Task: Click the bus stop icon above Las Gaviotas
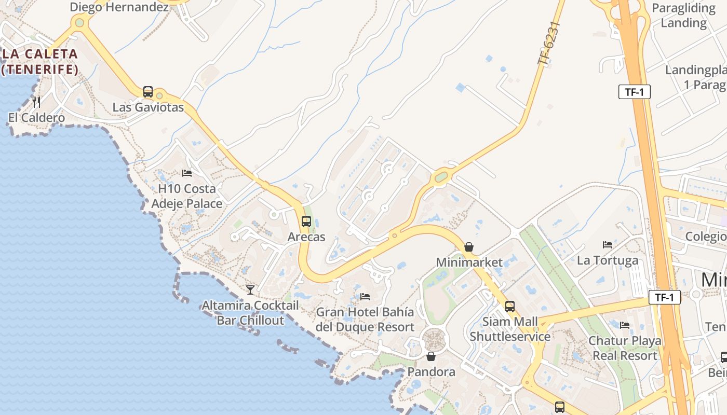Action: click(148, 92)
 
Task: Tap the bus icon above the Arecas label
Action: click(306, 222)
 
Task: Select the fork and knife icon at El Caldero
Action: click(36, 102)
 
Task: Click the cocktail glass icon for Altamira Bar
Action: click(250, 289)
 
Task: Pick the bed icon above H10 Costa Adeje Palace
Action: click(187, 173)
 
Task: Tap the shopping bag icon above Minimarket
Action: click(469, 247)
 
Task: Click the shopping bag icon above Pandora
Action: click(430, 356)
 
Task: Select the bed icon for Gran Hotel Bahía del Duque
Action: click(365, 297)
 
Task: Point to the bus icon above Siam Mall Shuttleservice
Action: click(510, 306)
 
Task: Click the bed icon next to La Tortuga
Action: click(608, 244)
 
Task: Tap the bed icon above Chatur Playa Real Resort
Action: click(625, 325)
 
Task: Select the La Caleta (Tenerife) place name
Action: click(40, 61)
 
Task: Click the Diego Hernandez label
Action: click(119, 7)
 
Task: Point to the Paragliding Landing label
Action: click(683, 16)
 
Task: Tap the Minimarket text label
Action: click(469, 262)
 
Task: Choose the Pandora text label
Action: click(431, 371)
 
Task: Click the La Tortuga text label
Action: click(608, 260)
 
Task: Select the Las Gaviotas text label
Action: click(149, 107)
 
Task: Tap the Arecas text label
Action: click(306, 237)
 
